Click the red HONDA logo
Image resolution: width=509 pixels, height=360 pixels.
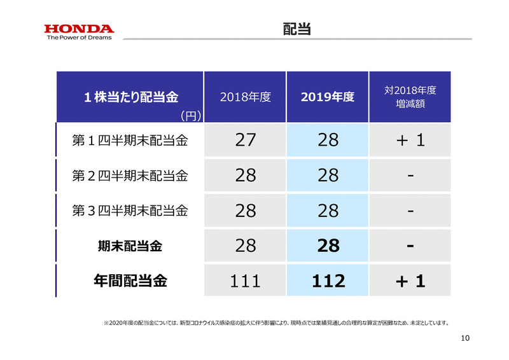(79, 29)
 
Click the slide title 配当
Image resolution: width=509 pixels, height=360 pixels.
(297, 29)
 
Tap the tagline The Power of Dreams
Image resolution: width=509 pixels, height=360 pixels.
(79, 38)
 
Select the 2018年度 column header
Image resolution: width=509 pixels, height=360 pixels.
(246, 97)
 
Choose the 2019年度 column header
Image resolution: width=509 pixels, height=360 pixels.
(328, 97)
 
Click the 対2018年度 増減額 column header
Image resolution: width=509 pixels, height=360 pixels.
(410, 97)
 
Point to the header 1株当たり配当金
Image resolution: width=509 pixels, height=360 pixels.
(130, 97)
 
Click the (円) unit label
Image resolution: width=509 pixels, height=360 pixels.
(190, 116)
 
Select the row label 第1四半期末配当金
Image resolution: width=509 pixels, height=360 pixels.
(130, 141)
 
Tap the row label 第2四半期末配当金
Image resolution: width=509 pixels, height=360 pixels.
(130, 176)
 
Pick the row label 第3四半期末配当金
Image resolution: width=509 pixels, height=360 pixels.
(130, 211)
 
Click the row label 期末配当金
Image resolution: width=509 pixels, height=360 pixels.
(130, 246)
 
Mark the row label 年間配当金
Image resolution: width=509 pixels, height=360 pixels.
(130, 280)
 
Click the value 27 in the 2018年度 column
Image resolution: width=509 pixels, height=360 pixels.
(246, 141)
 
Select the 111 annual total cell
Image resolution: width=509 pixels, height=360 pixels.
(246, 280)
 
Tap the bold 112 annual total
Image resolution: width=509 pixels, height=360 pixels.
(328, 280)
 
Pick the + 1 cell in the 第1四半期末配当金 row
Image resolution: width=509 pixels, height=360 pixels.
(410, 141)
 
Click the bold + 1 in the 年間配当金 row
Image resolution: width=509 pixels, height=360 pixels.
(410, 280)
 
